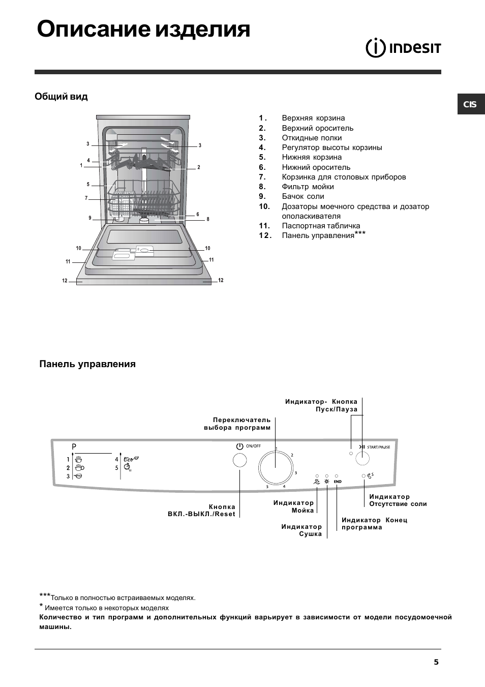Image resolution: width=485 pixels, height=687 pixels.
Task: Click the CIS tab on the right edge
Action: coord(470,104)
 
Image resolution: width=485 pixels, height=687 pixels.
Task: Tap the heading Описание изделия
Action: coord(144,29)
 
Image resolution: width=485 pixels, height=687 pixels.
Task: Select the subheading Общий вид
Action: coord(61,97)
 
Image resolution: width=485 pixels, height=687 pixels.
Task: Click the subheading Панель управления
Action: coord(87,364)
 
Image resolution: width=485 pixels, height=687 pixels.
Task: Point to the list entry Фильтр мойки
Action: coord(308,187)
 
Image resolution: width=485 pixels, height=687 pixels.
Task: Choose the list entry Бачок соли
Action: coord(302,196)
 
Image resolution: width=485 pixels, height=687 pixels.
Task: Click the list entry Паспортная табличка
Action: coord(321,226)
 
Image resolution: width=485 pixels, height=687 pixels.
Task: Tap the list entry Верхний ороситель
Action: coord(317,128)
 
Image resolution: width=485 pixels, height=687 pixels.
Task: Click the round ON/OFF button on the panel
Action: coord(239,461)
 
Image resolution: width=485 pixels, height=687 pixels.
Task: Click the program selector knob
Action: coord(276,467)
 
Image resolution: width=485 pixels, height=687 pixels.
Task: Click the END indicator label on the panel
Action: coord(338,482)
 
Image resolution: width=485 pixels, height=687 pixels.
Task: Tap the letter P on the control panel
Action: coord(74,446)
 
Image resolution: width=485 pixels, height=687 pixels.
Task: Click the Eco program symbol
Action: coord(131,459)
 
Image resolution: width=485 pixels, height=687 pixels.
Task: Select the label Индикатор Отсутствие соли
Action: coord(398,500)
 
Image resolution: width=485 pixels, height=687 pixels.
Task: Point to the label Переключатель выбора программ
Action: coord(237,424)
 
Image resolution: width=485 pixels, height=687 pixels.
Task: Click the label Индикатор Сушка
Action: coord(301,530)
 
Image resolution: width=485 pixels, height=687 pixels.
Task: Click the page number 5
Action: coord(436,662)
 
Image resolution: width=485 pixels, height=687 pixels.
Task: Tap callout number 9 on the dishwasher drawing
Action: coord(90,218)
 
